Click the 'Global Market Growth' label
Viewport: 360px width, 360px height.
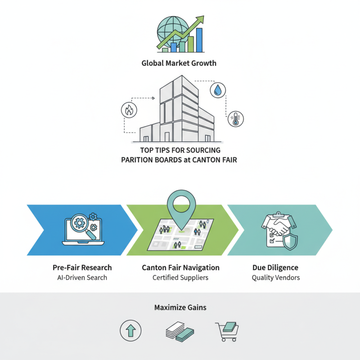(179, 63)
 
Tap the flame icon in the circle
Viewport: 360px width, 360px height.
(129, 110)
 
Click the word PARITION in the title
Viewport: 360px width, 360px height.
(138, 159)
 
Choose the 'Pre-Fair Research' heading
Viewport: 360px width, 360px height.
(82, 267)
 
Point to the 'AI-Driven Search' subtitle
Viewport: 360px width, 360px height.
(82, 277)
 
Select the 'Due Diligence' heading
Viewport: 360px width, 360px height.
(275, 267)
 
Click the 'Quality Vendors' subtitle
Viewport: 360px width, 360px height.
(275, 277)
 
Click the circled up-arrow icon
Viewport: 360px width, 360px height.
(130, 331)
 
